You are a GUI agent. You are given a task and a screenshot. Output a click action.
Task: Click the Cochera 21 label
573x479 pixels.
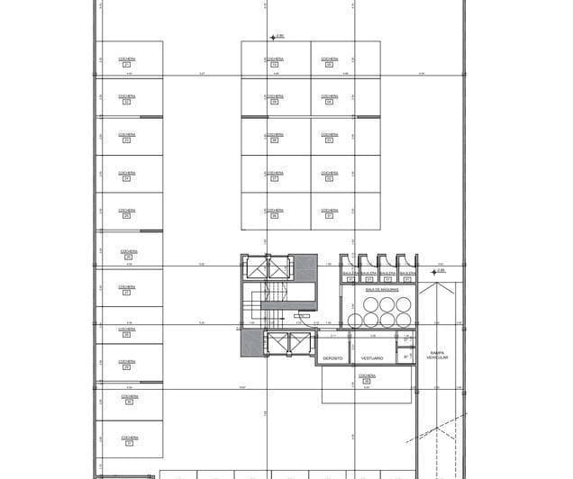click(127, 61)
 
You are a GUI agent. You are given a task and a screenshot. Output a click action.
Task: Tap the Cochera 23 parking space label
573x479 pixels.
click(127, 138)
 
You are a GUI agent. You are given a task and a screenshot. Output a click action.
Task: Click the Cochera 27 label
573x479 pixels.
click(127, 289)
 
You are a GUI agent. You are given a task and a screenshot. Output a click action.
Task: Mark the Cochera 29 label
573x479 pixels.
click(129, 364)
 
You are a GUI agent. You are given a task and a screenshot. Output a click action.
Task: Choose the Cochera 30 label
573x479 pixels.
click(129, 400)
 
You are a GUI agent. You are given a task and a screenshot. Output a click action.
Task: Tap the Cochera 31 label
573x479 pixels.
click(129, 439)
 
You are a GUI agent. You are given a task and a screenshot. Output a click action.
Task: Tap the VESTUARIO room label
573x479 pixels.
click(373, 358)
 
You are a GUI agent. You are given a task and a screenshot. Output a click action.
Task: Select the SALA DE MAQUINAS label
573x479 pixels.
click(382, 290)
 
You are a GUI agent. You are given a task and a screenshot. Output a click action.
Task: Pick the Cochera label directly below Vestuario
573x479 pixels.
click(366, 378)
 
